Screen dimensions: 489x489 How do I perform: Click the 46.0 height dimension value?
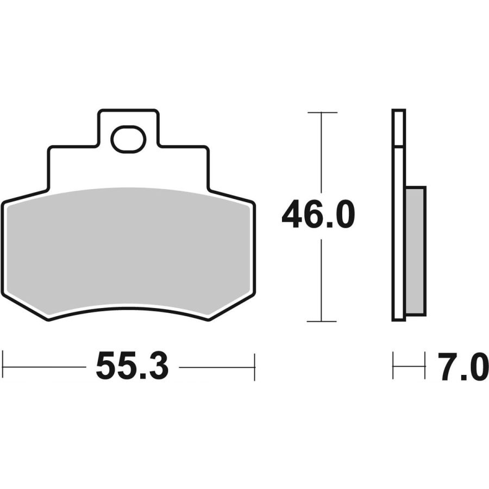[318, 215]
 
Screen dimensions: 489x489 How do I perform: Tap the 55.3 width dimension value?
[132, 366]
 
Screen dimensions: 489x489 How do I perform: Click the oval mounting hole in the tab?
[128, 140]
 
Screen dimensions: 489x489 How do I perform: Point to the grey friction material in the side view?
[416, 252]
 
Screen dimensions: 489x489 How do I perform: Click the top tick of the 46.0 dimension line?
[322, 112]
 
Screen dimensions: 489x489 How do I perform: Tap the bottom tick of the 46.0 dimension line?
[322, 321]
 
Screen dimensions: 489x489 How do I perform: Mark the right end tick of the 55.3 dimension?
[255, 367]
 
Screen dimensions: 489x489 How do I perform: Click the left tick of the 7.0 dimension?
[393, 366]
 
